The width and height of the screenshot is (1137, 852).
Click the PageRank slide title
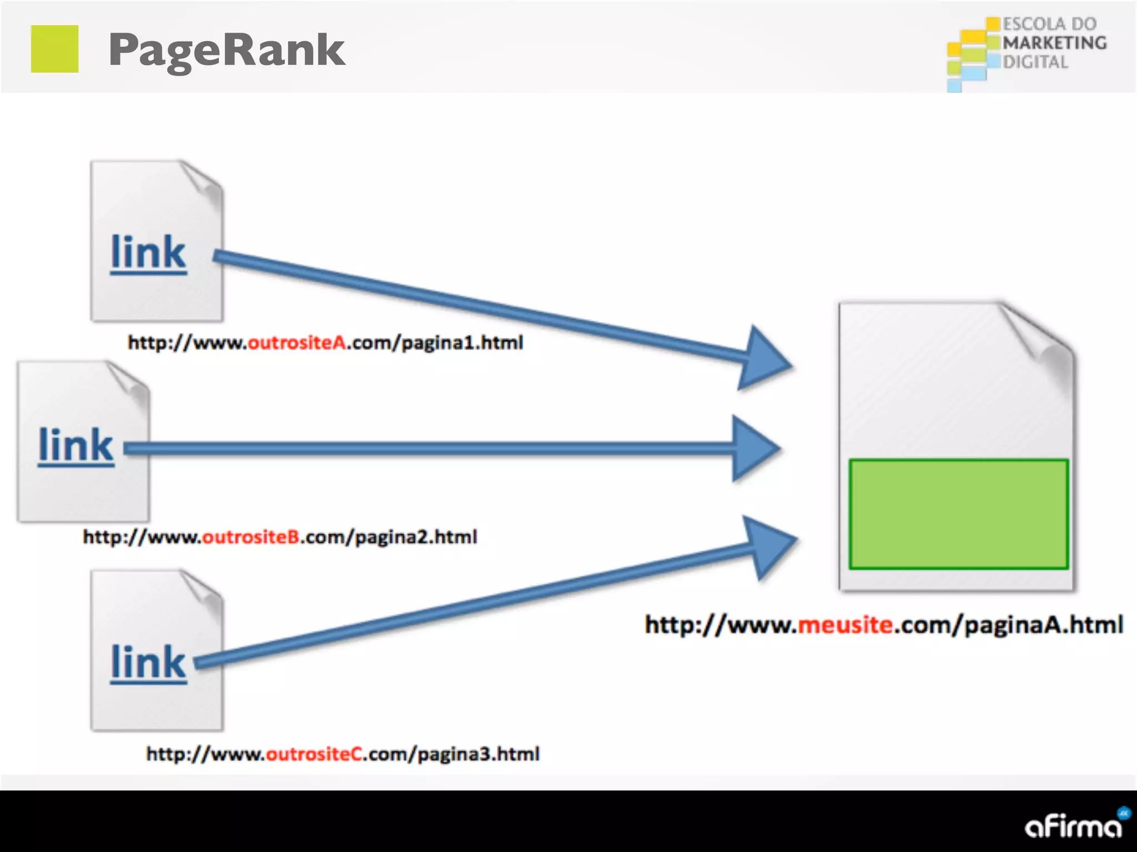(227, 50)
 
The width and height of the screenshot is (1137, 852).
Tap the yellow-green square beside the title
(54, 49)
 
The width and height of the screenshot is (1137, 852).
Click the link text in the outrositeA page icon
(148, 253)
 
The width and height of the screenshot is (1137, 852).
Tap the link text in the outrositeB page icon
(76, 446)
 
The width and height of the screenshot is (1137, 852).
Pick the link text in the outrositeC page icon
(148, 662)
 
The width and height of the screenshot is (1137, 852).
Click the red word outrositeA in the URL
(297, 343)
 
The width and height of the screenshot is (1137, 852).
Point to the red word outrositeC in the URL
(314, 754)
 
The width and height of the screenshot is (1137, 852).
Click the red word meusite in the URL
(846, 625)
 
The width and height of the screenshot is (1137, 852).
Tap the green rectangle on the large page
(958, 514)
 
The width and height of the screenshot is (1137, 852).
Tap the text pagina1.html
(462, 343)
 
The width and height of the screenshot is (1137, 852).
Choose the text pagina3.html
(478, 754)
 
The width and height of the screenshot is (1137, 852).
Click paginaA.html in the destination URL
(1044, 625)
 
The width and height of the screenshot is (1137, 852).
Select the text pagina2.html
(416, 537)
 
